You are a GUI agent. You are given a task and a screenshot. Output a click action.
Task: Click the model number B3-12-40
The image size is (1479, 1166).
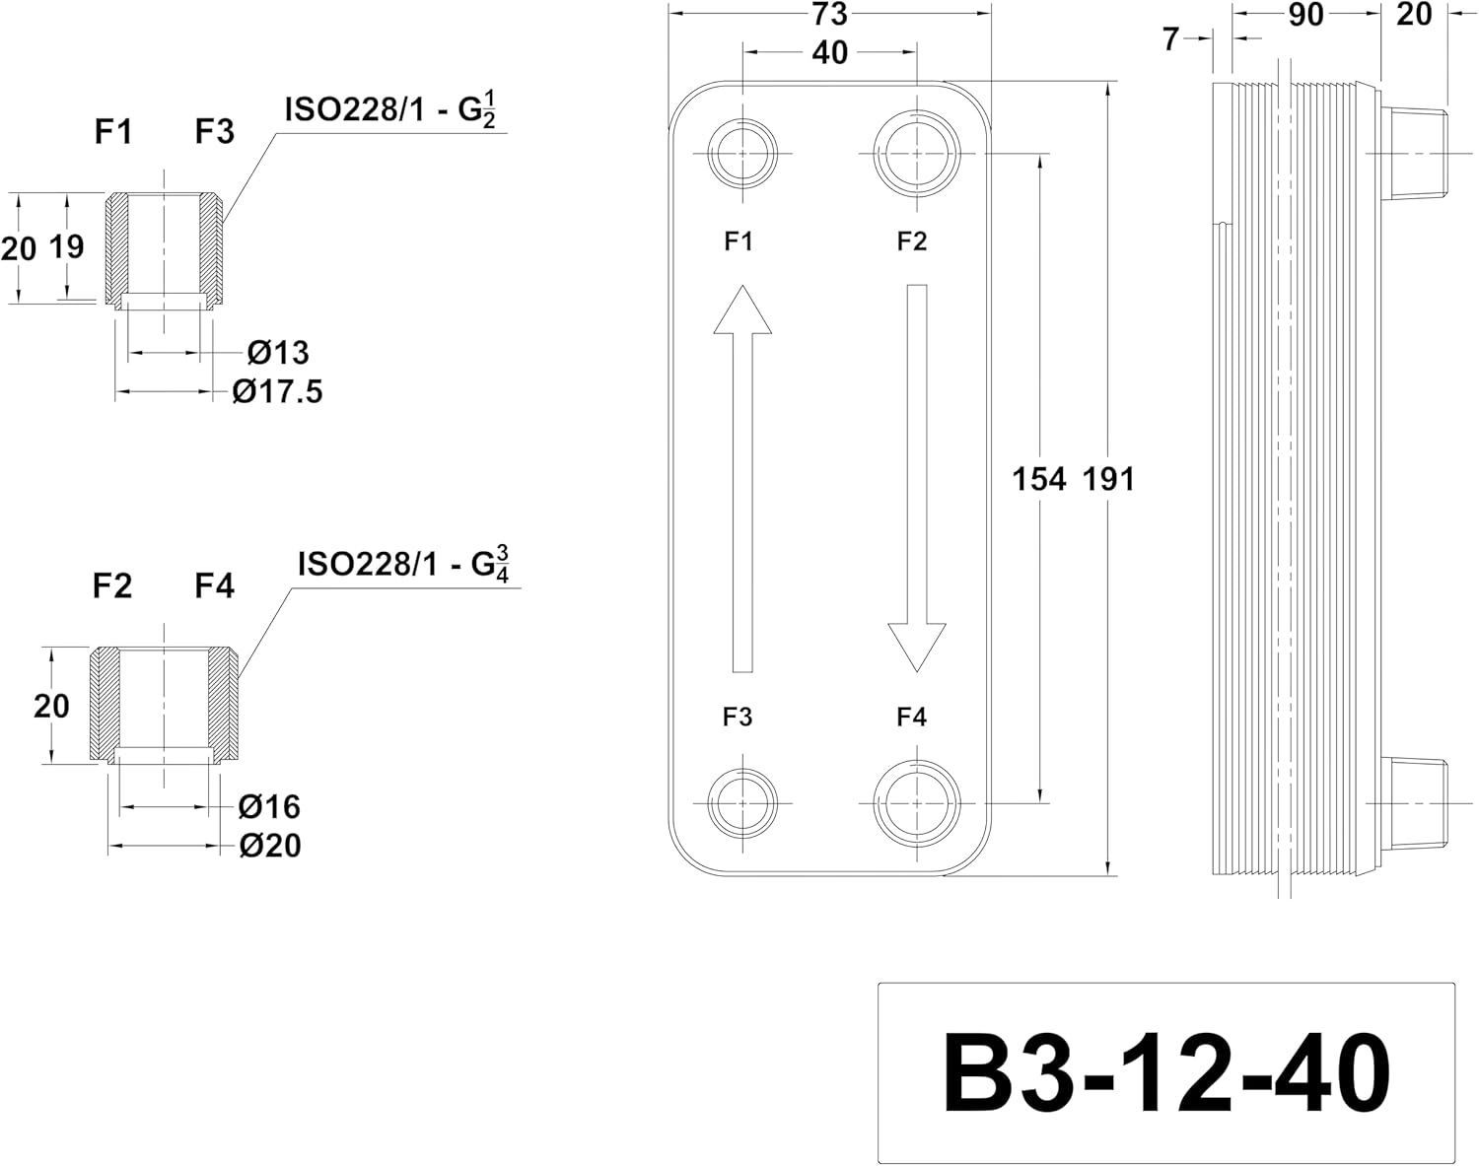[1166, 1072]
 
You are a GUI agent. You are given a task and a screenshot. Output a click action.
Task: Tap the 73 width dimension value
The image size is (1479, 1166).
[830, 14]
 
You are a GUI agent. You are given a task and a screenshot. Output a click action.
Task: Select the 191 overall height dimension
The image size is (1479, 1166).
[1108, 479]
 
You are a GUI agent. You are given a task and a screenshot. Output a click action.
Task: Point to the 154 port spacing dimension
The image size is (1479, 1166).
[1039, 479]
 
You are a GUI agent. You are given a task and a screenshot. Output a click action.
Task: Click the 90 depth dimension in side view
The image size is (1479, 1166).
[1305, 15]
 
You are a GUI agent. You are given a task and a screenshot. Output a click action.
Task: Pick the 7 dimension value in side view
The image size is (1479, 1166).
[1171, 39]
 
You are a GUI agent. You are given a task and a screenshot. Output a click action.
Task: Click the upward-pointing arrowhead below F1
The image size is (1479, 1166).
[742, 309]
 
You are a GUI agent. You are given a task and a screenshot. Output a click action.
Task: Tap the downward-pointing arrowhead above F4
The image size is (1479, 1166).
[917, 648]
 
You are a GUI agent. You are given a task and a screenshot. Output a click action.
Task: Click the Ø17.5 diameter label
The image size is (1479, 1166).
[278, 391]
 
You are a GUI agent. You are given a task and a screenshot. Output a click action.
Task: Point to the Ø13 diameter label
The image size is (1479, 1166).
[278, 353]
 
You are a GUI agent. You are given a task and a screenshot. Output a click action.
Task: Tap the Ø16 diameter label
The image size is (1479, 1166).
[269, 806]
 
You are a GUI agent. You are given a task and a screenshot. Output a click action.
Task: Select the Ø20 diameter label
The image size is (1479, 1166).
[270, 846]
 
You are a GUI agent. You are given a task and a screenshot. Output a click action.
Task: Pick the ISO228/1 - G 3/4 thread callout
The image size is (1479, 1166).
[403, 564]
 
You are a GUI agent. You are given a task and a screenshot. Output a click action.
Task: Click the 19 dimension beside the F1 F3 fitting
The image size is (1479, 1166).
[67, 246]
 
